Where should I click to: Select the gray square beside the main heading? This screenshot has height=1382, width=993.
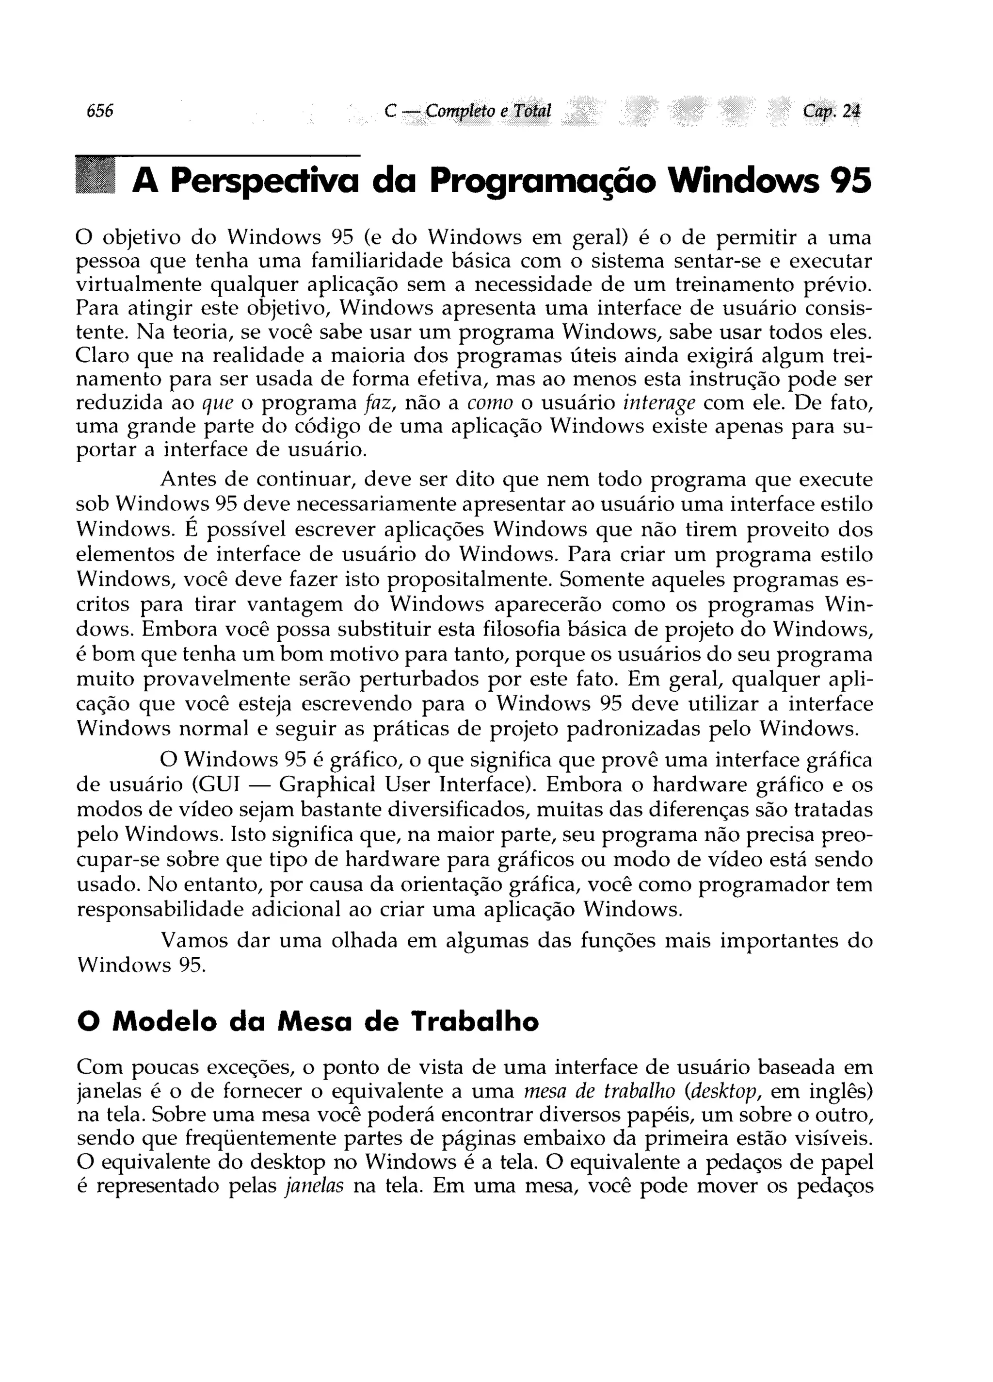tap(95, 176)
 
